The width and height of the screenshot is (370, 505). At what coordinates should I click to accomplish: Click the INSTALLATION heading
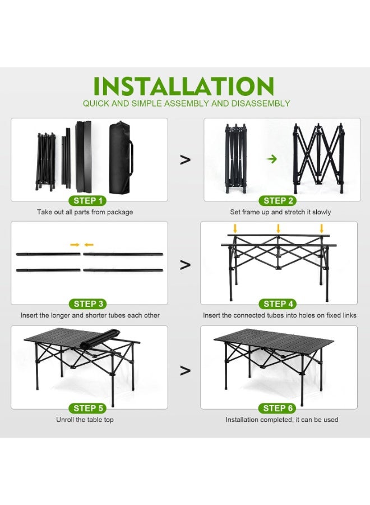point(183,86)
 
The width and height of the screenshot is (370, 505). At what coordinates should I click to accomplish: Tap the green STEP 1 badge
point(88,201)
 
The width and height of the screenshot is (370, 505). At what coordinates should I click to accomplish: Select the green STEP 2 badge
point(278,201)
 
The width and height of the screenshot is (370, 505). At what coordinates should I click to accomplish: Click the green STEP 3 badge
point(88,304)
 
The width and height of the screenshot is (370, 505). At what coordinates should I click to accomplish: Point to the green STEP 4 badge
point(278,304)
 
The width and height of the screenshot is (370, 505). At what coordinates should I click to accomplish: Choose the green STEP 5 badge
point(88,408)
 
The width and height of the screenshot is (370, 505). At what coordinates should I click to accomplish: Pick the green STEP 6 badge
point(278,408)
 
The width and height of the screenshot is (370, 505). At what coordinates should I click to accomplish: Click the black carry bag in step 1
point(121,158)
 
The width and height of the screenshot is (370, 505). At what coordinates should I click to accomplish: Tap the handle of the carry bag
point(131,158)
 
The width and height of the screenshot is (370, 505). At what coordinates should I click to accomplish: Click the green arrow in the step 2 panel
point(272,159)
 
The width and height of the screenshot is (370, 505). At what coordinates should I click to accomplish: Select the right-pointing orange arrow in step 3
point(75,245)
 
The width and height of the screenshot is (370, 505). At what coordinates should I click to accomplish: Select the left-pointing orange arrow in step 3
point(89,245)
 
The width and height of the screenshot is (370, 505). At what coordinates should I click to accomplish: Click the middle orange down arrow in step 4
point(278,229)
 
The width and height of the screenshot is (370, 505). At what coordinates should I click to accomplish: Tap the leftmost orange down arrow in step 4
point(235,229)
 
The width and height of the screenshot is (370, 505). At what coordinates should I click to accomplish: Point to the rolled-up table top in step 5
point(100,338)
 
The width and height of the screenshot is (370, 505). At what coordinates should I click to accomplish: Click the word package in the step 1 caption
point(120,212)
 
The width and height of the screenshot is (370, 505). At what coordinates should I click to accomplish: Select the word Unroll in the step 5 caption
point(66,420)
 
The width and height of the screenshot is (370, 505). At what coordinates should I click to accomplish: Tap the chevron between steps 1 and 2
point(186,160)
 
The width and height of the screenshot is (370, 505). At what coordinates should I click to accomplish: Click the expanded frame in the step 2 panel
point(318,158)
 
